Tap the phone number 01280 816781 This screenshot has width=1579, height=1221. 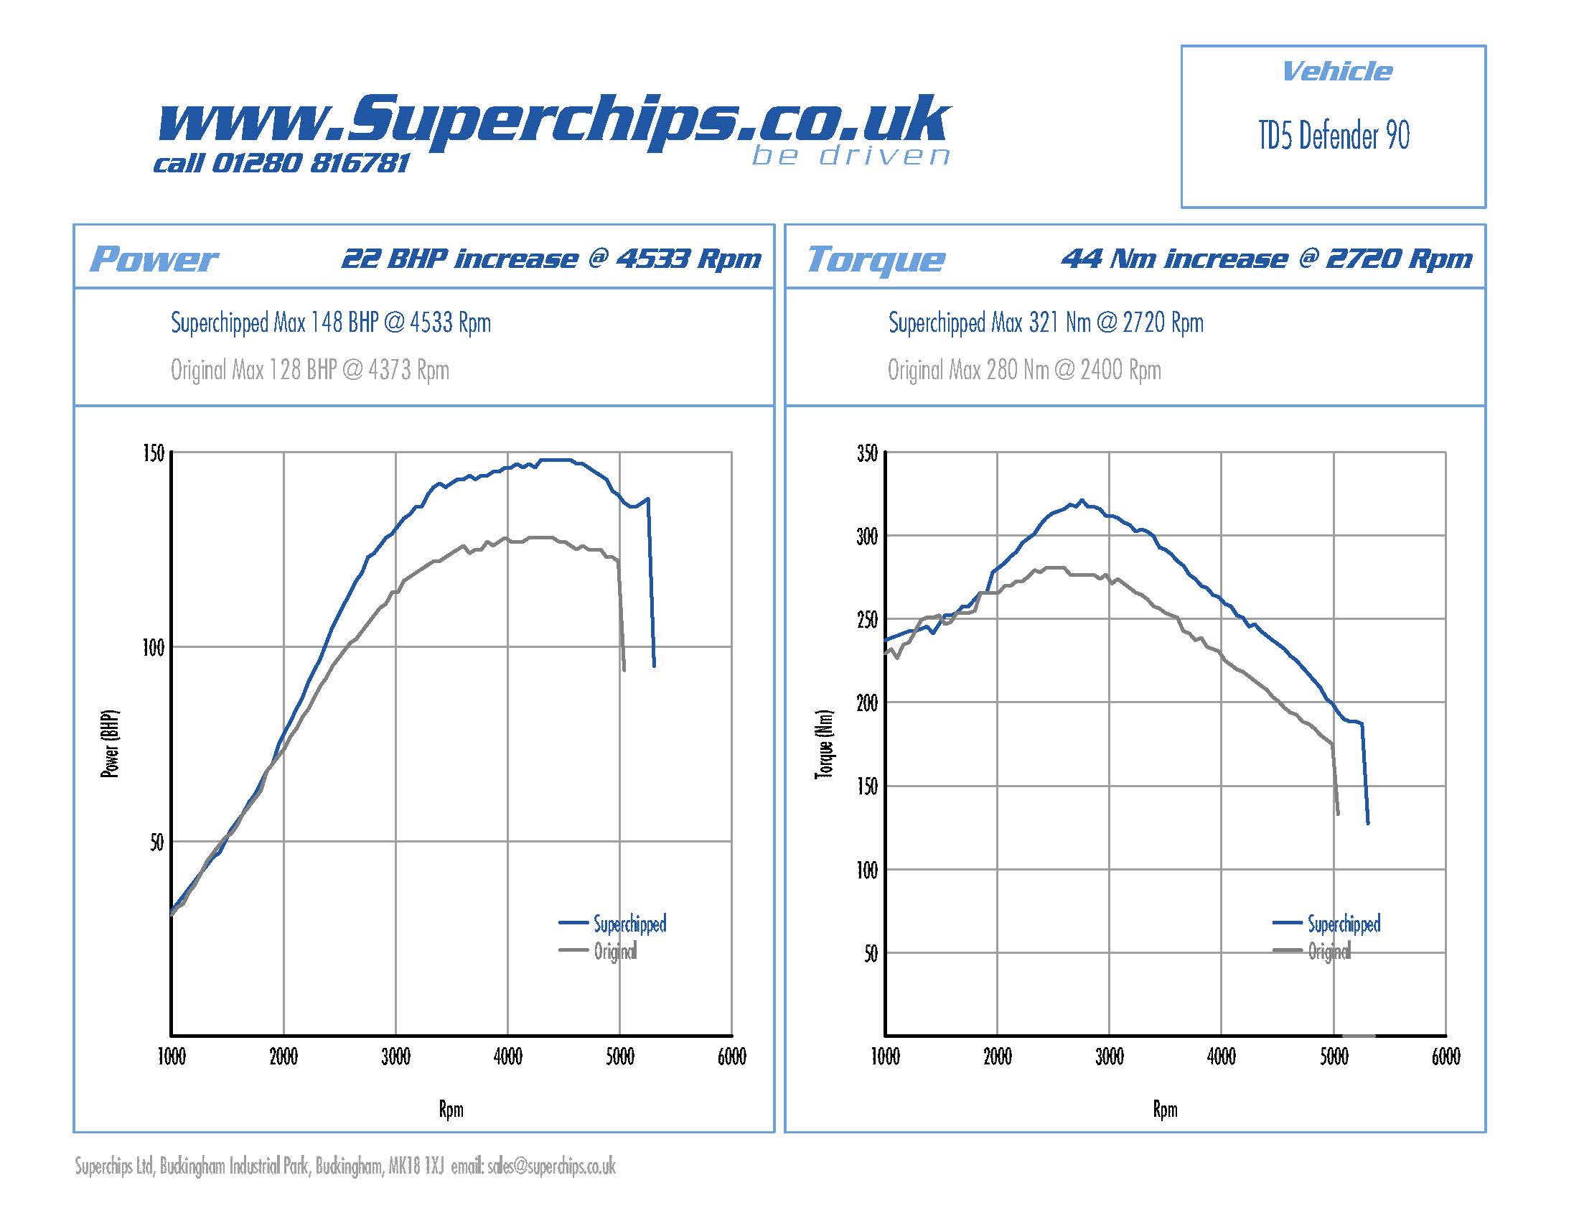311,164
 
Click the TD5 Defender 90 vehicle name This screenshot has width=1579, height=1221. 1334,136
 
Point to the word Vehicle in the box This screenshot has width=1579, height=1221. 1336,72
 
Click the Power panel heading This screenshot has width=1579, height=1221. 154,259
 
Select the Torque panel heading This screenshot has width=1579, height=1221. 875,259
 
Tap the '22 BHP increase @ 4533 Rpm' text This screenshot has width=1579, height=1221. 551,259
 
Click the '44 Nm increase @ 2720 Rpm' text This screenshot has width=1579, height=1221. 1266,259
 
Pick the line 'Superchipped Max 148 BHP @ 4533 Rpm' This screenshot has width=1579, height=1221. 330,322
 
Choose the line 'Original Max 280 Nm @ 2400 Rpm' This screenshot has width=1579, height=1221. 1023,371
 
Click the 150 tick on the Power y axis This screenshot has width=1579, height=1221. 154,453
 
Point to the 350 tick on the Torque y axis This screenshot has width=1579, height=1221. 867,453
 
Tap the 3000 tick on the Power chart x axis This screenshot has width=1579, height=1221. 395,1057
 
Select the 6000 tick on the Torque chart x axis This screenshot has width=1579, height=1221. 1446,1057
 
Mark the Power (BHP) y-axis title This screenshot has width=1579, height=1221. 109,743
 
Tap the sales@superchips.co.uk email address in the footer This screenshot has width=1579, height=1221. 551,1166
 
